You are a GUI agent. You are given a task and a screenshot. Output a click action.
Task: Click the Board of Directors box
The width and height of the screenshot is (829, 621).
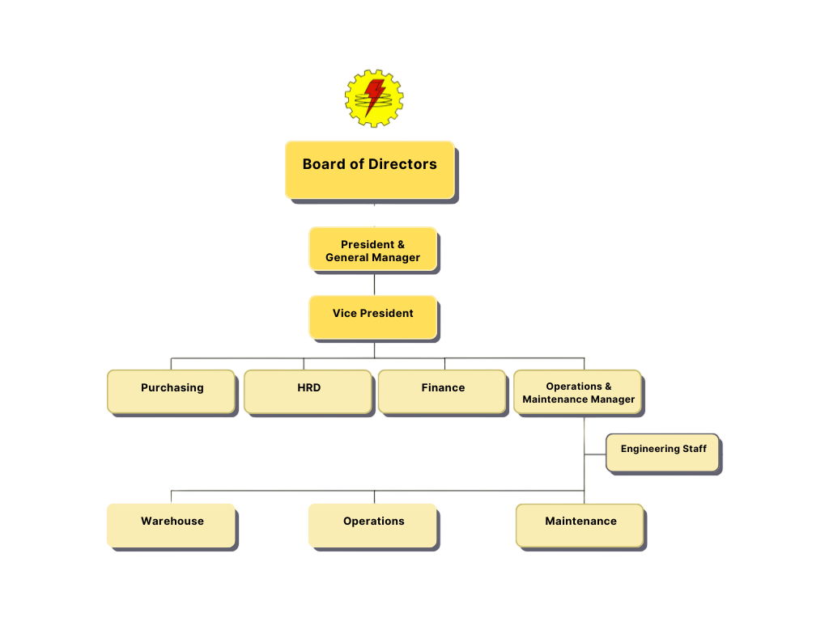coord(370,170)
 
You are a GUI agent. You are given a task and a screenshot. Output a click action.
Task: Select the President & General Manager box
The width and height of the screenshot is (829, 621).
coord(372,249)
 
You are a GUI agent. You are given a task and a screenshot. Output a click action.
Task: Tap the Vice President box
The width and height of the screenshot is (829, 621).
coord(372,316)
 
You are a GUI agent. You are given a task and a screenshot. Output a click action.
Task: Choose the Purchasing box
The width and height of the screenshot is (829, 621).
coord(172,391)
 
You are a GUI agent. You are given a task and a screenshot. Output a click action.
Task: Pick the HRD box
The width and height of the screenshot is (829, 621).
coord(308,391)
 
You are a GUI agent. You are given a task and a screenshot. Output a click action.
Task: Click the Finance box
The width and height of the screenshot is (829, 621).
coord(442,391)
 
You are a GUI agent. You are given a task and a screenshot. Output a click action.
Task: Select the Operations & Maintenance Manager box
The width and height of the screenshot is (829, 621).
coord(578,392)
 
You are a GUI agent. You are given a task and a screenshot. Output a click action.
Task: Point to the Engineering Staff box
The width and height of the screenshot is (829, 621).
coord(662,453)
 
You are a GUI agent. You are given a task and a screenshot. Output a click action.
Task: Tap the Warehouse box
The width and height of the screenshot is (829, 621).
coord(172,525)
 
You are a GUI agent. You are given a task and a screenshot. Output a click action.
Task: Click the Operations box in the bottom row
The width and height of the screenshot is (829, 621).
coord(373,525)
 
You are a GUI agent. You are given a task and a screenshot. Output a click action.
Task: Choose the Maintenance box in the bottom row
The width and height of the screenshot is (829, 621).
coord(580,525)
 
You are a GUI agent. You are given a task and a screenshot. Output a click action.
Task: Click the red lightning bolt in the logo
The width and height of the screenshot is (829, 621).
coord(374,95)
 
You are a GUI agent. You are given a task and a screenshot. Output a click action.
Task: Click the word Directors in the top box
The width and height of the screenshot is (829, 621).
coord(402,164)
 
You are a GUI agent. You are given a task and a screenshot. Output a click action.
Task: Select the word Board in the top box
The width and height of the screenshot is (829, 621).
coord(322,164)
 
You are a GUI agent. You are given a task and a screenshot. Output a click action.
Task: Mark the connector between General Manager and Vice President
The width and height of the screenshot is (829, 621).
coord(374,283)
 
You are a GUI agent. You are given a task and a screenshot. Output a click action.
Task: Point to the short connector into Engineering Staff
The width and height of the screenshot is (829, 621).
coord(595,454)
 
